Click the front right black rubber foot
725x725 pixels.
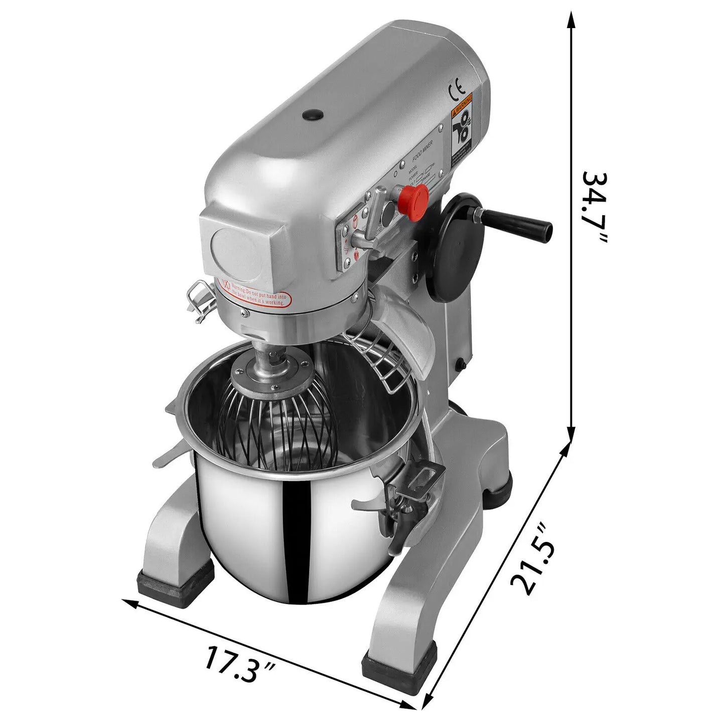(x=399, y=667)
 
